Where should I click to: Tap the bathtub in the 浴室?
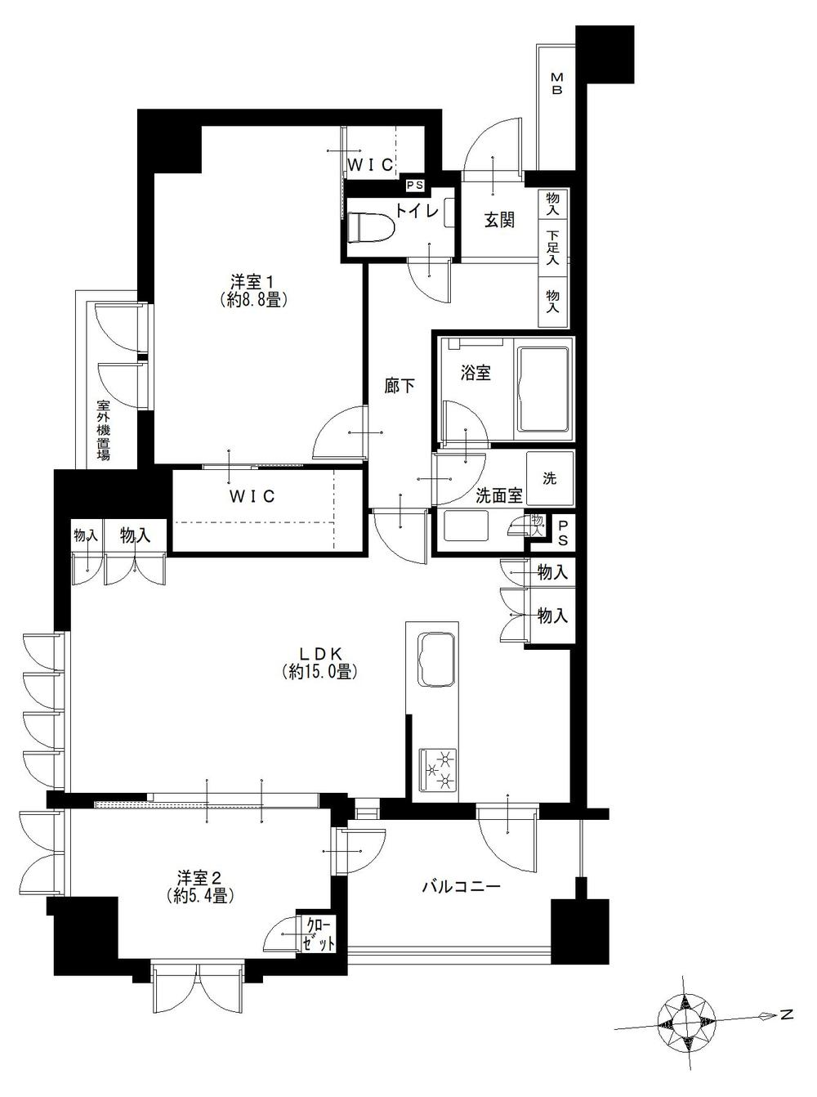pos(542,389)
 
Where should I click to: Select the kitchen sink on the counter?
pos(436,660)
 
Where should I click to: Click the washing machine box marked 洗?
pos(550,478)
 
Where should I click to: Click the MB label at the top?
pos(557,83)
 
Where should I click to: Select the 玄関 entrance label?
pos(499,220)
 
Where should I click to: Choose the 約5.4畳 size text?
pos(200,895)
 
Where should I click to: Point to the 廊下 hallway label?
pos(400,386)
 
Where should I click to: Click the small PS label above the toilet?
pos(415,186)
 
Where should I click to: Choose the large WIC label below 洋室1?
pos(252,496)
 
